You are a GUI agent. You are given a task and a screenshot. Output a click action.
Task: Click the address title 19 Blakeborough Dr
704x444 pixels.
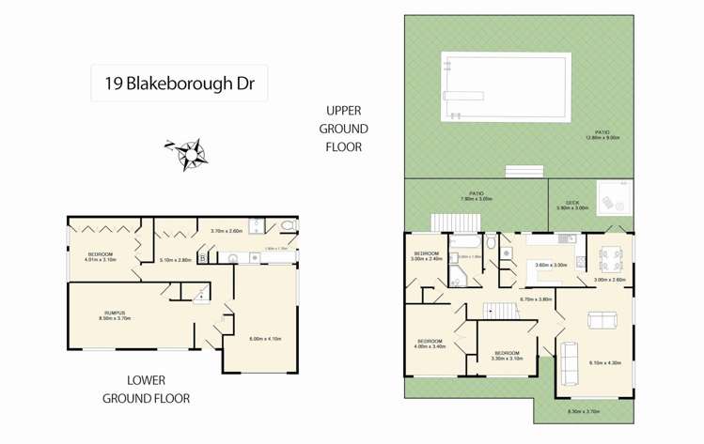pyautogui.click(x=180, y=83)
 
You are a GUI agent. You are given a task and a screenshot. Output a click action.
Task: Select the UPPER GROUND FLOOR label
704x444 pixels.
pyautogui.click(x=343, y=129)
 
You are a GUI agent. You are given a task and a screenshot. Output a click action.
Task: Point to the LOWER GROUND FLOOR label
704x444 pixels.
pyautogui.click(x=146, y=389)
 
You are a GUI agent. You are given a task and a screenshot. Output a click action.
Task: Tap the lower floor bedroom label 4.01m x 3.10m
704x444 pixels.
pyautogui.click(x=102, y=257)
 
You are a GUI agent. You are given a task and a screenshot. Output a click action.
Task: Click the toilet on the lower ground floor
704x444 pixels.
pyautogui.click(x=287, y=226)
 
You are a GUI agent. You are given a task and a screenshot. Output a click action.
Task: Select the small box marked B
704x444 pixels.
pyautogui.click(x=202, y=257)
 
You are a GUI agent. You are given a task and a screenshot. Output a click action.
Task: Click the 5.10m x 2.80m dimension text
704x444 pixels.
pyautogui.click(x=176, y=260)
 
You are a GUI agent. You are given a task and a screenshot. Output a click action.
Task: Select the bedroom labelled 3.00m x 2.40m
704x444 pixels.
pyautogui.click(x=426, y=256)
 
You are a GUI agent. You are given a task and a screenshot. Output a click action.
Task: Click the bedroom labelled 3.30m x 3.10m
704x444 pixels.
pyautogui.click(x=506, y=356)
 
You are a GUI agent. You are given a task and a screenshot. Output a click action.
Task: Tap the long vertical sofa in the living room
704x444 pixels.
pyautogui.click(x=570, y=363)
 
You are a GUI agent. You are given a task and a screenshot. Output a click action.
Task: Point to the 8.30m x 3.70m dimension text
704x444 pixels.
pyautogui.click(x=583, y=411)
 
